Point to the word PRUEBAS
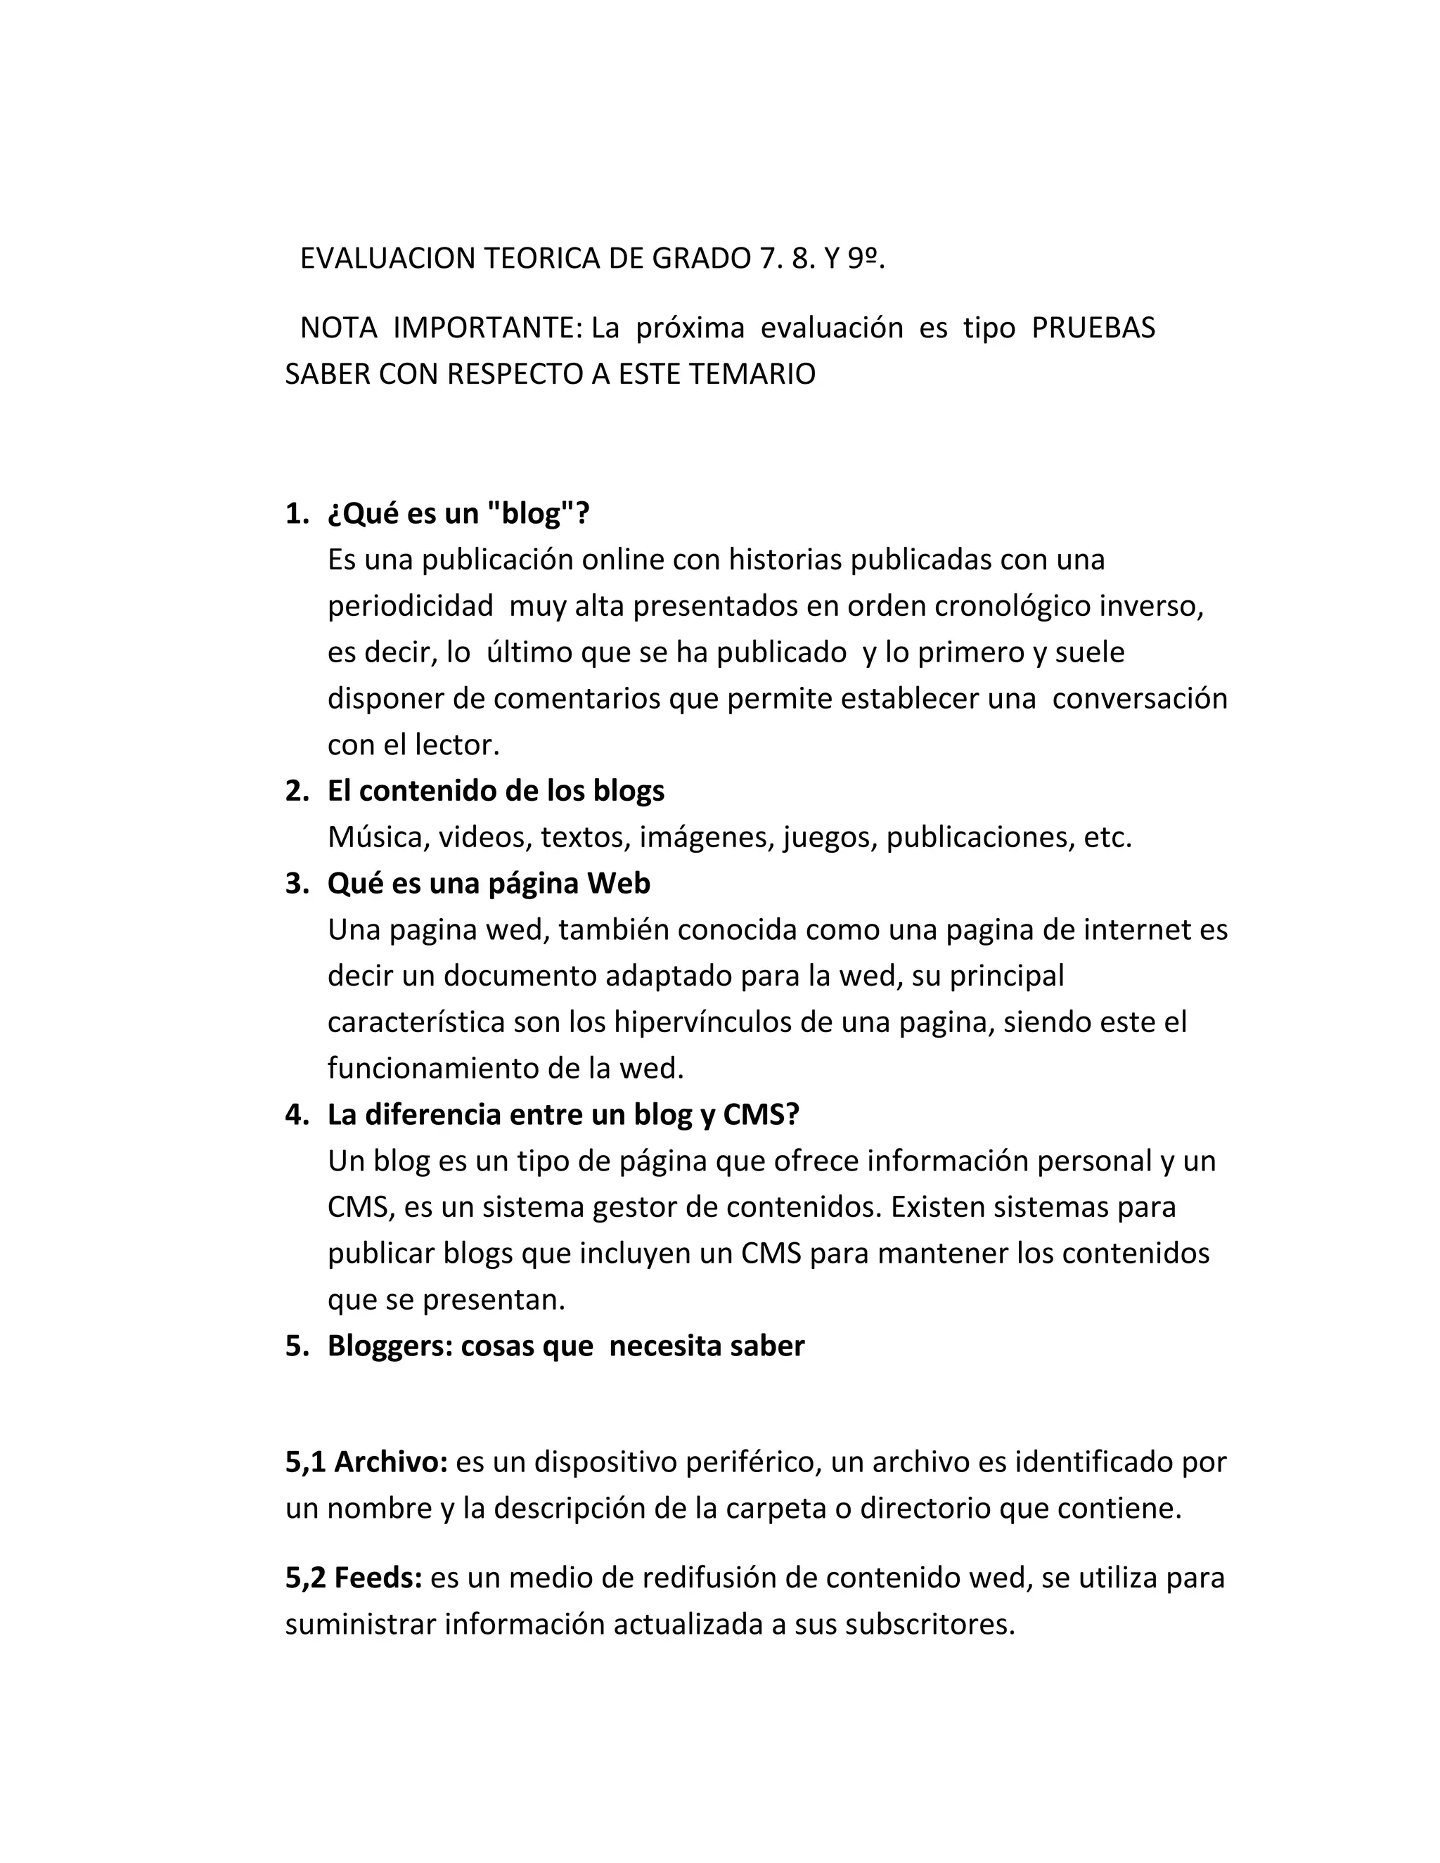click(x=1093, y=328)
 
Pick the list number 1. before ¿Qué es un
click(x=296, y=513)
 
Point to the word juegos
click(x=830, y=837)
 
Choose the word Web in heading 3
click(x=619, y=883)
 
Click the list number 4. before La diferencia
click(x=296, y=1114)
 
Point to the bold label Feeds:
click(x=378, y=1578)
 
